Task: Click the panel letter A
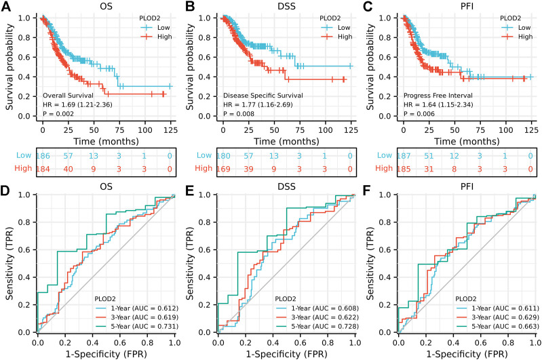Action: click(x=6, y=6)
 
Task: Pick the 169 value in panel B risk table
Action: click(x=224, y=168)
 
